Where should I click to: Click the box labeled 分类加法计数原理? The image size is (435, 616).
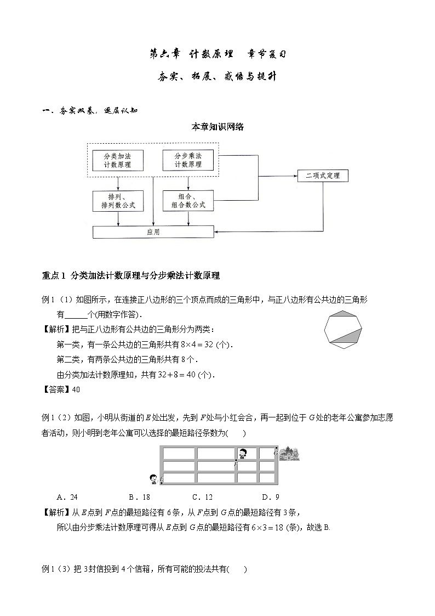117,160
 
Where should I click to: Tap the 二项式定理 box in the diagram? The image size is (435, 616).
323,176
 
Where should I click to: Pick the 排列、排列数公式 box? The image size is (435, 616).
118,201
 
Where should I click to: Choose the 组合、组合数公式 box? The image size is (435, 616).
188,201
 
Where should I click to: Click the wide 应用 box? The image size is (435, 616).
153,232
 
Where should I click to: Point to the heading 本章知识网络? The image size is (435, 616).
218,127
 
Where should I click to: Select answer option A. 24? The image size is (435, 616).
67,498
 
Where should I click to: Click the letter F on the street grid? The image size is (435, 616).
236,465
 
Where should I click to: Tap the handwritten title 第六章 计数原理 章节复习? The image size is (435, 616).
218,54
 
